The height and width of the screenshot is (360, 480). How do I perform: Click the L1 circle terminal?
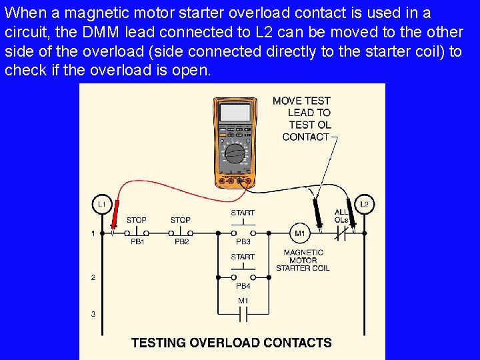pos(101,204)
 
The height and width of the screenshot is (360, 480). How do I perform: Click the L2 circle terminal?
pos(364,204)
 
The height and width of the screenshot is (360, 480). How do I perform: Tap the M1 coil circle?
pos(300,233)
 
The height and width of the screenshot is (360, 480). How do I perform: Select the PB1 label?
pos(137,242)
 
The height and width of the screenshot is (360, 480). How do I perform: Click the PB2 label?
pos(181,242)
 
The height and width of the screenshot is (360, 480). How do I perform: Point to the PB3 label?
pos(243,242)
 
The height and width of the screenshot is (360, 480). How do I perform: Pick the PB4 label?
pos(243,286)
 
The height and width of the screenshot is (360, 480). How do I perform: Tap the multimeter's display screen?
pos(235,113)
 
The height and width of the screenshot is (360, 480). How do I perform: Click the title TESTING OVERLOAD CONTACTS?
pos(231,343)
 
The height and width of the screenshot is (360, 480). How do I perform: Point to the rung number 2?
pos(93,277)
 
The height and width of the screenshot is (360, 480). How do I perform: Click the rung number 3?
pos(93,314)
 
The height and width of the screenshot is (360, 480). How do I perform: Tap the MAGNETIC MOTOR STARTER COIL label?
pos(303,260)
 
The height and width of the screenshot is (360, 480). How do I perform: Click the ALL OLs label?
pos(341,216)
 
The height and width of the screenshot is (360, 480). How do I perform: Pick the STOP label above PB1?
pos(136,220)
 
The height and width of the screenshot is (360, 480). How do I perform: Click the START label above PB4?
pos(243,257)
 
